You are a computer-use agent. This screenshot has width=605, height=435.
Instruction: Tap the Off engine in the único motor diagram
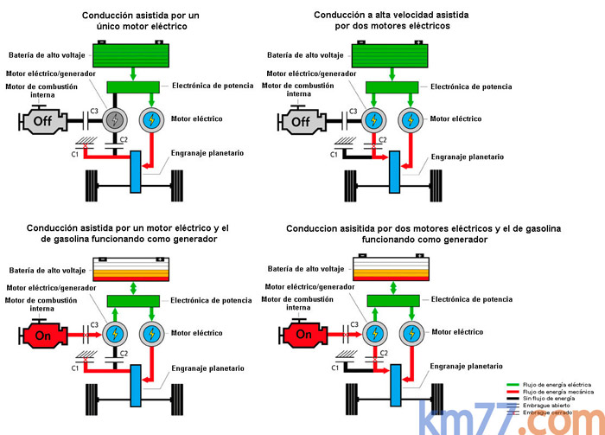41,122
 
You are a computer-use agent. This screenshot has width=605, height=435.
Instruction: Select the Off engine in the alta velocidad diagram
300,122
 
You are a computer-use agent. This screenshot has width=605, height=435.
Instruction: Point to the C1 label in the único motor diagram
75,154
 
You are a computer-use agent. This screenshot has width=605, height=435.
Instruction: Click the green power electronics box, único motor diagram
135,87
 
